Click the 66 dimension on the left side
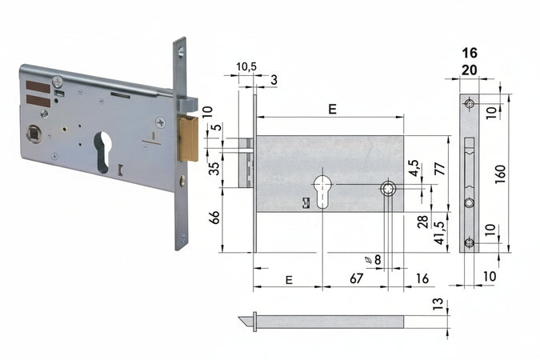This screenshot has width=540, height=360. (x=214, y=218)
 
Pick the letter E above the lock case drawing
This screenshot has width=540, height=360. (x=331, y=110)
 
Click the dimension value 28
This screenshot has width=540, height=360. (x=422, y=220)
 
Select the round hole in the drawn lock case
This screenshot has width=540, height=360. (x=388, y=189)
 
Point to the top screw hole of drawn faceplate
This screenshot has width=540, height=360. (x=470, y=104)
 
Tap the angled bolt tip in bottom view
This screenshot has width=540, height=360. (x=245, y=321)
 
